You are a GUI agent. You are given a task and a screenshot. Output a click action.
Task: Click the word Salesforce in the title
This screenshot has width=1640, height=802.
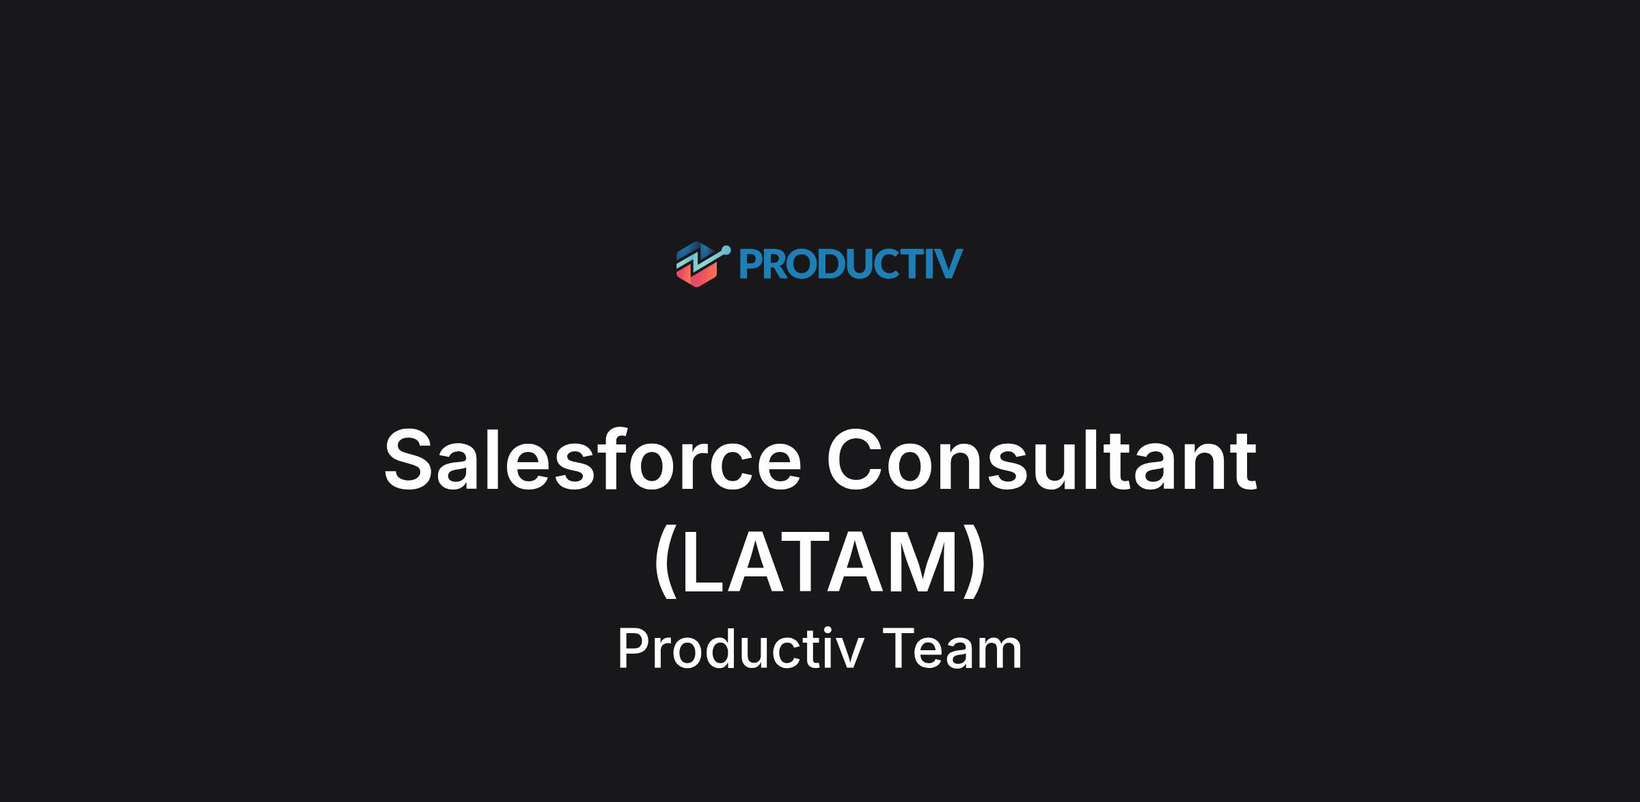(x=592, y=459)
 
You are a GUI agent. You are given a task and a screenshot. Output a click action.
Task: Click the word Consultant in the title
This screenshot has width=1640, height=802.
(x=1041, y=459)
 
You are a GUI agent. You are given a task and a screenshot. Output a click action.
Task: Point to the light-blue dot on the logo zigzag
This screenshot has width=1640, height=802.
(x=725, y=251)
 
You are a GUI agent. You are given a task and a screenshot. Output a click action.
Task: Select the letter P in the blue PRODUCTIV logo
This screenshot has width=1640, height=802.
(x=750, y=264)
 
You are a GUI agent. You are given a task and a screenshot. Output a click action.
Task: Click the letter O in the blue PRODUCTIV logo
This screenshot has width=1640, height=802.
(x=804, y=264)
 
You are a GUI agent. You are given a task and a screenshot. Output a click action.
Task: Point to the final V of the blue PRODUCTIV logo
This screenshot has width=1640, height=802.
(x=948, y=264)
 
